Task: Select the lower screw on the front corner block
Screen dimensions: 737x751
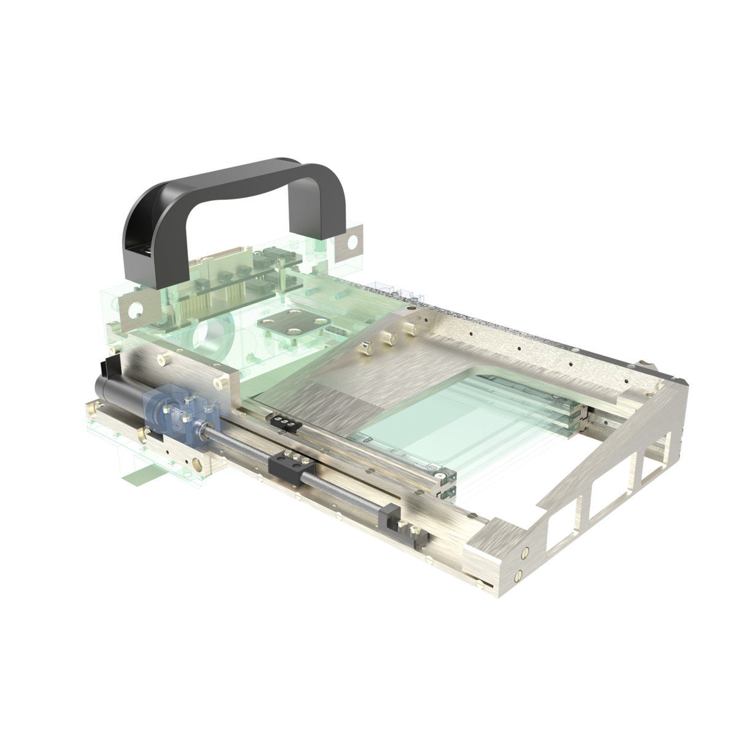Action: pyautogui.click(x=518, y=575)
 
